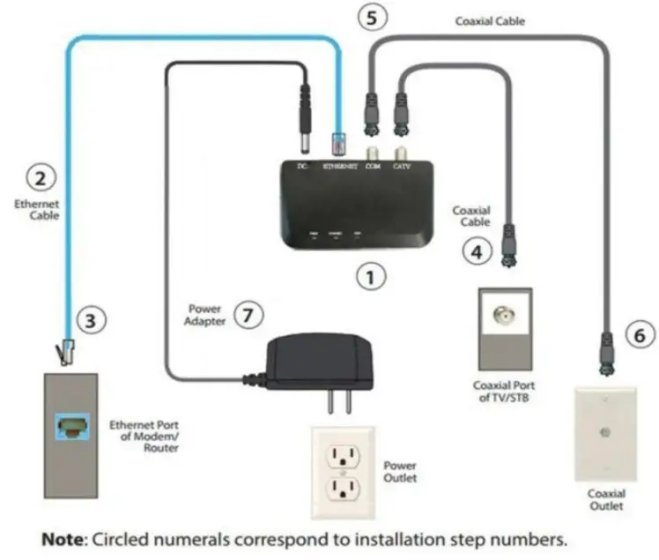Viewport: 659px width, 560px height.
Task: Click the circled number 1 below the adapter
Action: (371, 277)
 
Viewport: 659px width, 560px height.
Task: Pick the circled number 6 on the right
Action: (639, 333)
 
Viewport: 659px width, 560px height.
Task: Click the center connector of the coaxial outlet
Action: (604, 433)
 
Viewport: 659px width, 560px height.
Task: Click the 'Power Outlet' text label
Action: (400, 471)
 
